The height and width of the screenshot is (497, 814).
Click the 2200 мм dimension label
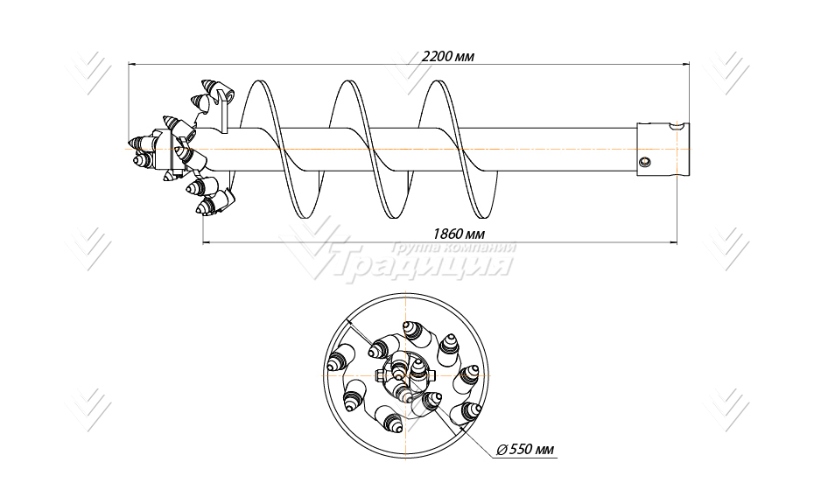click(448, 55)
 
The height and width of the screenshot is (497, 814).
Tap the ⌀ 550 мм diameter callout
click(525, 450)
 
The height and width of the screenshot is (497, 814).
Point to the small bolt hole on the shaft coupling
click(644, 162)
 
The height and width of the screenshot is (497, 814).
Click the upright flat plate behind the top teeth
click(222, 114)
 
